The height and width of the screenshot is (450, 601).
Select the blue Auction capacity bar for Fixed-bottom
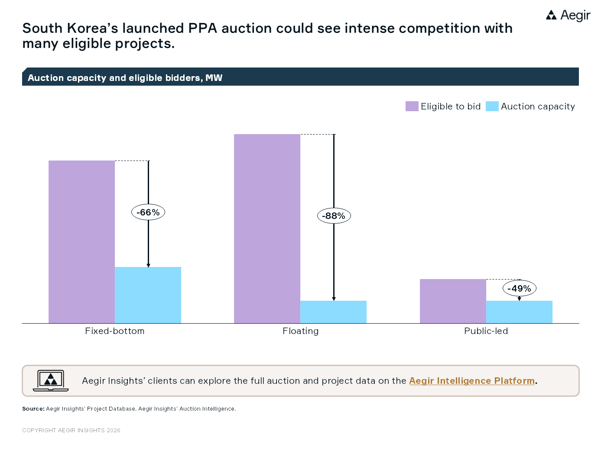point(148,295)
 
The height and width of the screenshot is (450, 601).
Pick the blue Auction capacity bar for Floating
point(333,312)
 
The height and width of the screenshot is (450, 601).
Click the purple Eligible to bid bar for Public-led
point(453,301)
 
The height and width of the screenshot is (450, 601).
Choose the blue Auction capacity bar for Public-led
point(519,312)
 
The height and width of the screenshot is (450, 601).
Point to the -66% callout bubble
point(148,212)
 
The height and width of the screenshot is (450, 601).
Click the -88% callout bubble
point(334,216)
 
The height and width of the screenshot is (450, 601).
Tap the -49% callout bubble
point(519,289)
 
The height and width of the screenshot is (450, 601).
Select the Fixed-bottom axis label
point(115,331)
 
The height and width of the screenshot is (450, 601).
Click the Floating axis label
point(300,331)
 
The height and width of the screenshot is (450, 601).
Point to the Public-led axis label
point(486,331)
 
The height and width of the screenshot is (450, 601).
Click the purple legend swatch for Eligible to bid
point(412,106)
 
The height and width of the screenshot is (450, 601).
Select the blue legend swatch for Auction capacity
point(492,106)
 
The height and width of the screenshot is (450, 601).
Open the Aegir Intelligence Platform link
point(472,381)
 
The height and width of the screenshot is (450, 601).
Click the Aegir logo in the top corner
point(568,16)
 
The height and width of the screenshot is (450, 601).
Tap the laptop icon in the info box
point(51,381)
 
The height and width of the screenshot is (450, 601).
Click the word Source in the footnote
point(33,409)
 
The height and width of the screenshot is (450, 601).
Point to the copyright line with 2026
point(71,431)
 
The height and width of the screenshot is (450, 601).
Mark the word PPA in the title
point(202,29)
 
